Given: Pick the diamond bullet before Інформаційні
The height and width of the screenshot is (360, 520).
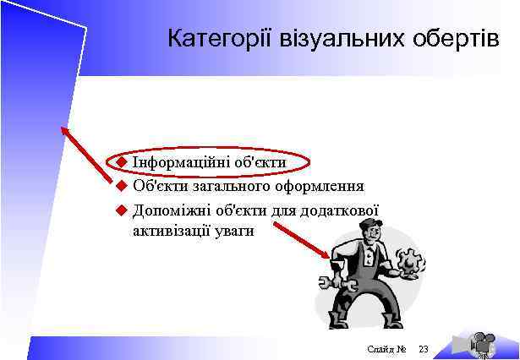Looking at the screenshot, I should click(x=121, y=161).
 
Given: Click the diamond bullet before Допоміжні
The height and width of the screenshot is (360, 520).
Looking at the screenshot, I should click(x=121, y=210).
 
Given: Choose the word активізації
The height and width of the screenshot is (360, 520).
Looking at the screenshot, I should click(x=172, y=230).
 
